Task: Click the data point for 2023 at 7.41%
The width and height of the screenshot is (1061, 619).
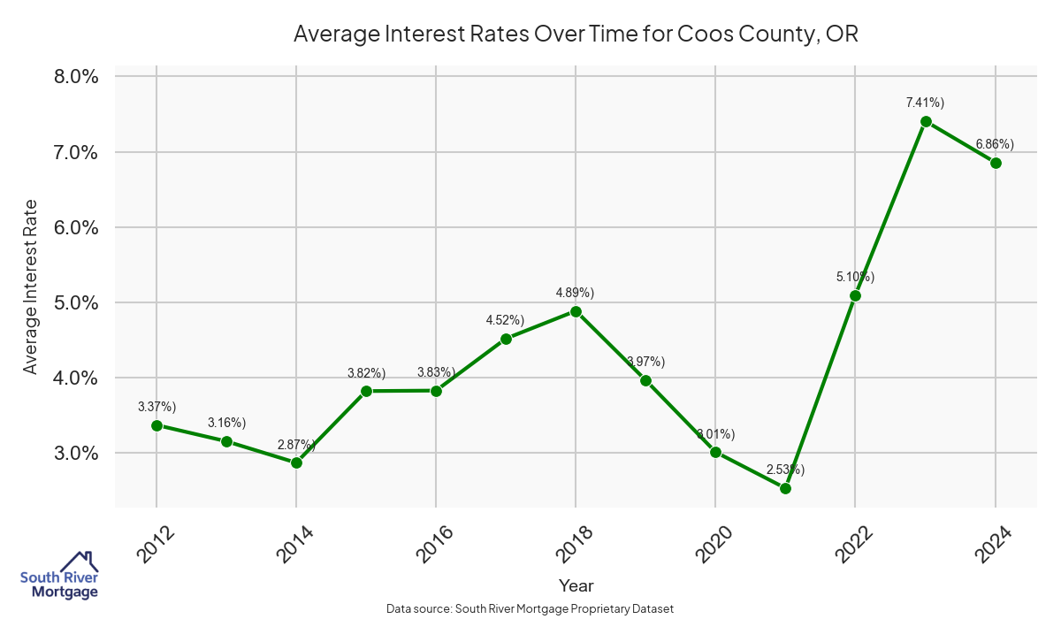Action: click(926, 121)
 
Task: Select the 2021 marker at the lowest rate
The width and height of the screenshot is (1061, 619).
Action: click(785, 488)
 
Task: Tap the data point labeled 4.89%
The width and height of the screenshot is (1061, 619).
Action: click(576, 311)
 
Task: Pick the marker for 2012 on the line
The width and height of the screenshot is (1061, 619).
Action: click(156, 425)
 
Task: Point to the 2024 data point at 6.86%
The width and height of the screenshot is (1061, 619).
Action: click(996, 163)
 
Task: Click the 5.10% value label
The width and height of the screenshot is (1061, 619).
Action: click(855, 278)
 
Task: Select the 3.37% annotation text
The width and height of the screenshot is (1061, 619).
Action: click(156, 407)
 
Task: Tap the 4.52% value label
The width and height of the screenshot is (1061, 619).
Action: click(505, 320)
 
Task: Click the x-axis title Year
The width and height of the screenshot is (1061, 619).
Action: click(576, 585)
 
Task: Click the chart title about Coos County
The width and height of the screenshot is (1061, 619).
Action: click(576, 34)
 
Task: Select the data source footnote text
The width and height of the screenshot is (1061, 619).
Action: click(530, 609)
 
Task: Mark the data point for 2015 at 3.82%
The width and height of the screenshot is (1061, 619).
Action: click(366, 391)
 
